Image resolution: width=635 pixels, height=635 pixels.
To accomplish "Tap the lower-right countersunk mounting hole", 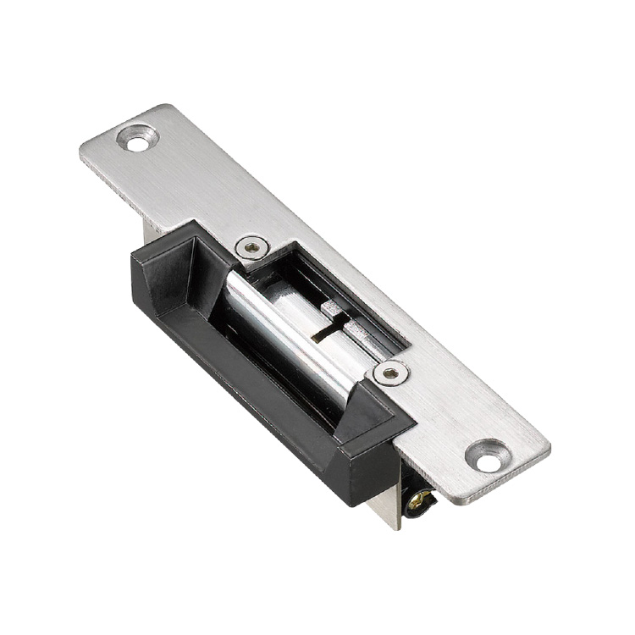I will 489,458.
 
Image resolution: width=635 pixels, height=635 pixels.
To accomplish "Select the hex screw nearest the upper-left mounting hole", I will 250,247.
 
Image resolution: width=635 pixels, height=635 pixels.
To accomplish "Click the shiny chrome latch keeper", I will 279,339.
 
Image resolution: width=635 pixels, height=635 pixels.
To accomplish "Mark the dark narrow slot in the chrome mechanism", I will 326,327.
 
